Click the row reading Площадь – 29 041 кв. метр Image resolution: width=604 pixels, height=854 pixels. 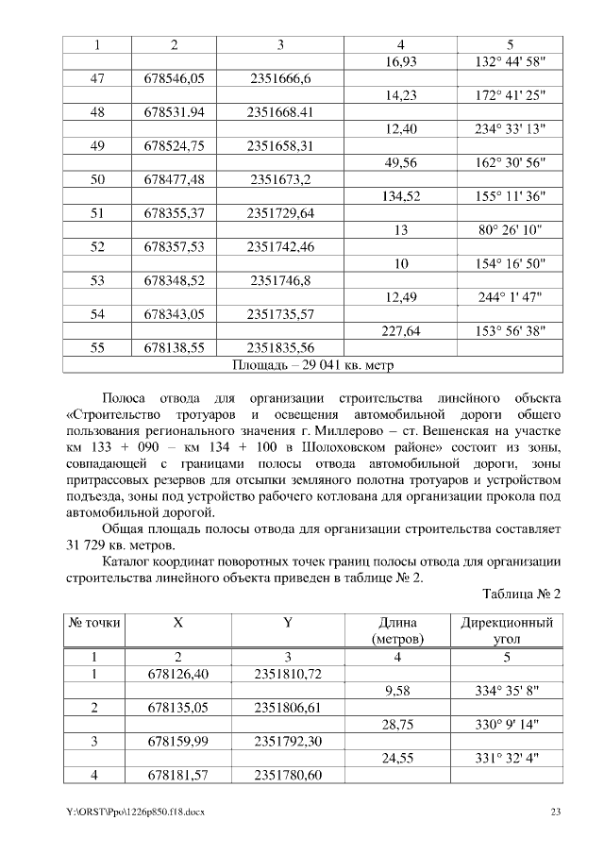312,363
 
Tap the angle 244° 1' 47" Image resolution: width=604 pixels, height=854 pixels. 509,296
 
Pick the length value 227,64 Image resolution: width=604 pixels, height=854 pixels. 401,330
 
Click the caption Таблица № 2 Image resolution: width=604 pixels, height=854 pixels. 522,594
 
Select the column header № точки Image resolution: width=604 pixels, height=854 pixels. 96,624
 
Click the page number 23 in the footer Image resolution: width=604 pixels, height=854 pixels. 556,812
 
